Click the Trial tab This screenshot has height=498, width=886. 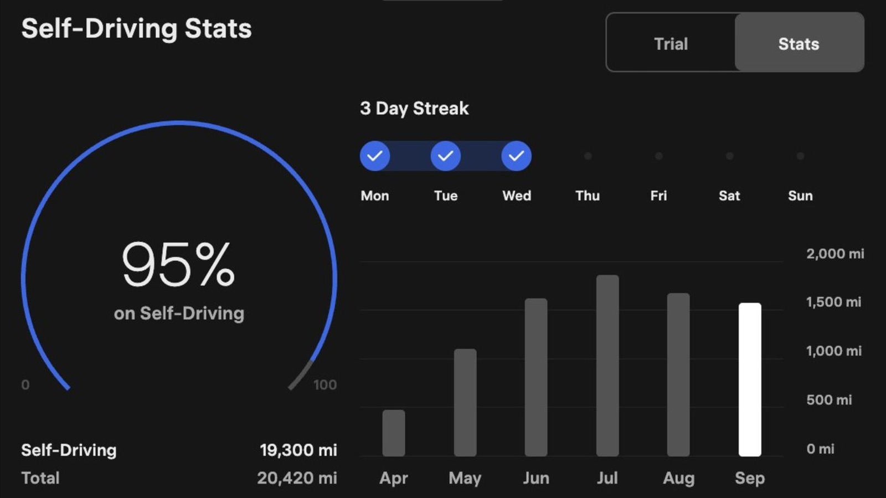click(x=671, y=44)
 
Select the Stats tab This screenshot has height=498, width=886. click(x=799, y=44)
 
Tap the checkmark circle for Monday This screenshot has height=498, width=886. click(x=375, y=156)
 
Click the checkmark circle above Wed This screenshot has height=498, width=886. click(x=516, y=156)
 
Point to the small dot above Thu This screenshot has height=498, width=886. click(x=588, y=156)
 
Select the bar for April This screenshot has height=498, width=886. click(x=394, y=433)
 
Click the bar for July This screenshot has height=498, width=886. click(x=607, y=366)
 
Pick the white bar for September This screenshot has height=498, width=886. click(x=750, y=379)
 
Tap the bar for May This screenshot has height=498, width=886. click(x=465, y=403)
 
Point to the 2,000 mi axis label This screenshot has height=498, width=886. click(x=835, y=254)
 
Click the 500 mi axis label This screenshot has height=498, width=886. click(x=829, y=399)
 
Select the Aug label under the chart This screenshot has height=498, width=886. click(x=678, y=478)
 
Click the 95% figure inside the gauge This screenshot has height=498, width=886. click(x=178, y=264)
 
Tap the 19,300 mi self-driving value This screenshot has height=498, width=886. click(x=298, y=450)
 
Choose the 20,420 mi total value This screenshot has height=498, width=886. click(x=297, y=478)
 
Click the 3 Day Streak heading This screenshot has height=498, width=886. click(x=414, y=108)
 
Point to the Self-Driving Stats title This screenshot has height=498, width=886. click(x=136, y=29)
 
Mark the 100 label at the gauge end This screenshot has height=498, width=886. click(x=324, y=384)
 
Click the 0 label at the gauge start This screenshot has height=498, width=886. click(x=25, y=384)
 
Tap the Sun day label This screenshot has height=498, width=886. click(x=800, y=196)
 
